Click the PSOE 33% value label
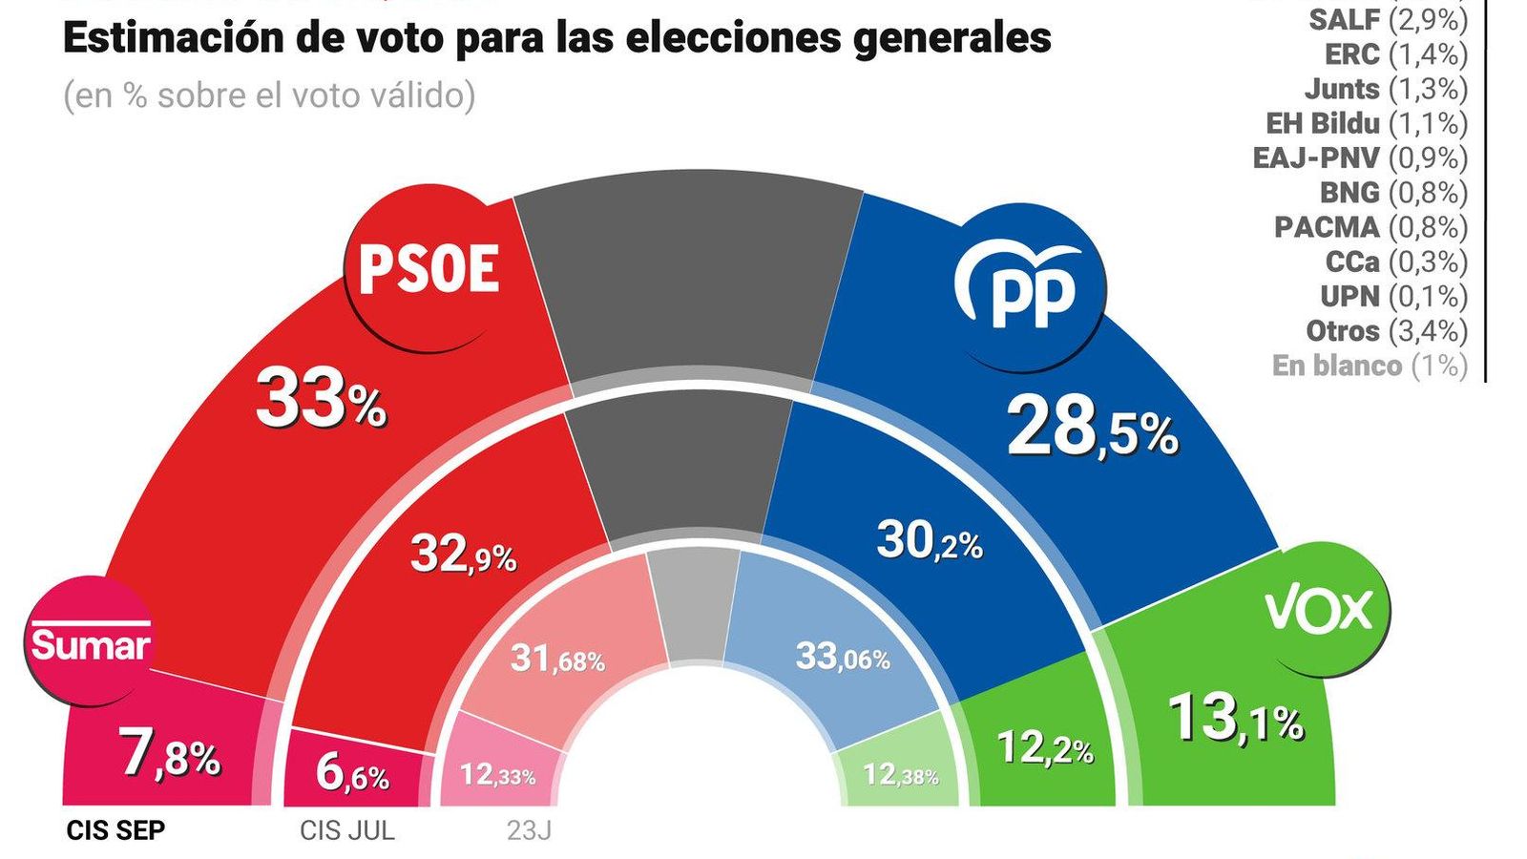point(320,401)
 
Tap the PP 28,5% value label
point(1092,429)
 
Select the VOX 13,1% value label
point(1235,719)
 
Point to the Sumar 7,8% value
point(170,754)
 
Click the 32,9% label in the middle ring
point(463,554)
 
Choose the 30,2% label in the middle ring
point(929,542)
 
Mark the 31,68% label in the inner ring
point(557,659)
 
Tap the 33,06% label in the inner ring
point(842,657)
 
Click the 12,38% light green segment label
point(900,774)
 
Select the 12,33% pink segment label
point(497,774)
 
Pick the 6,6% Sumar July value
point(352,774)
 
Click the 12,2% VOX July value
point(1044,748)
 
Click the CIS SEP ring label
point(115,830)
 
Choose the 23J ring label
point(528,830)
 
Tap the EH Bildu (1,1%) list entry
point(1366,123)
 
